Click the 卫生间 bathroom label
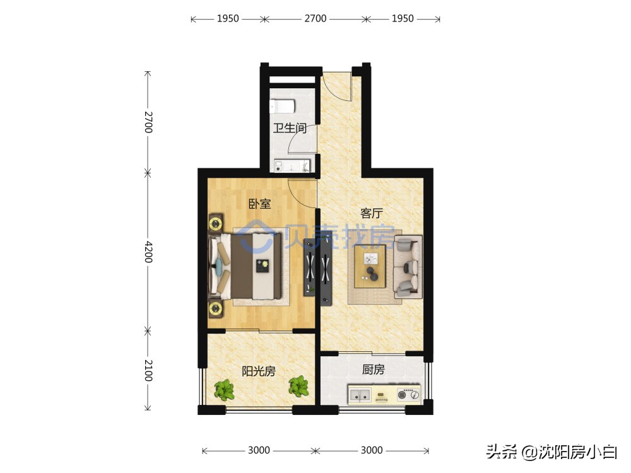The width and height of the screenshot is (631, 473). [x=290, y=129]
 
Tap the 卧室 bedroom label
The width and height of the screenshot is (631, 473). [x=259, y=204]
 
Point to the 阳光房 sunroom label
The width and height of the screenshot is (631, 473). [x=259, y=371]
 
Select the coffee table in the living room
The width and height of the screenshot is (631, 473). [x=370, y=266]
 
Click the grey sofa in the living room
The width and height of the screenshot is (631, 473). [x=408, y=267]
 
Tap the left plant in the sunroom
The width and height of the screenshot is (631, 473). [x=223, y=389]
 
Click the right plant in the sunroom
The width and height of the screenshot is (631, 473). [x=298, y=385]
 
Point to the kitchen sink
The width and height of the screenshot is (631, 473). [x=360, y=396]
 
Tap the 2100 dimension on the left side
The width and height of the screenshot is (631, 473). [x=148, y=370]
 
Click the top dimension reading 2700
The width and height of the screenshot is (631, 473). [x=315, y=19]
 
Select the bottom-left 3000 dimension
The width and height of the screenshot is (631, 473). [x=259, y=450]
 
